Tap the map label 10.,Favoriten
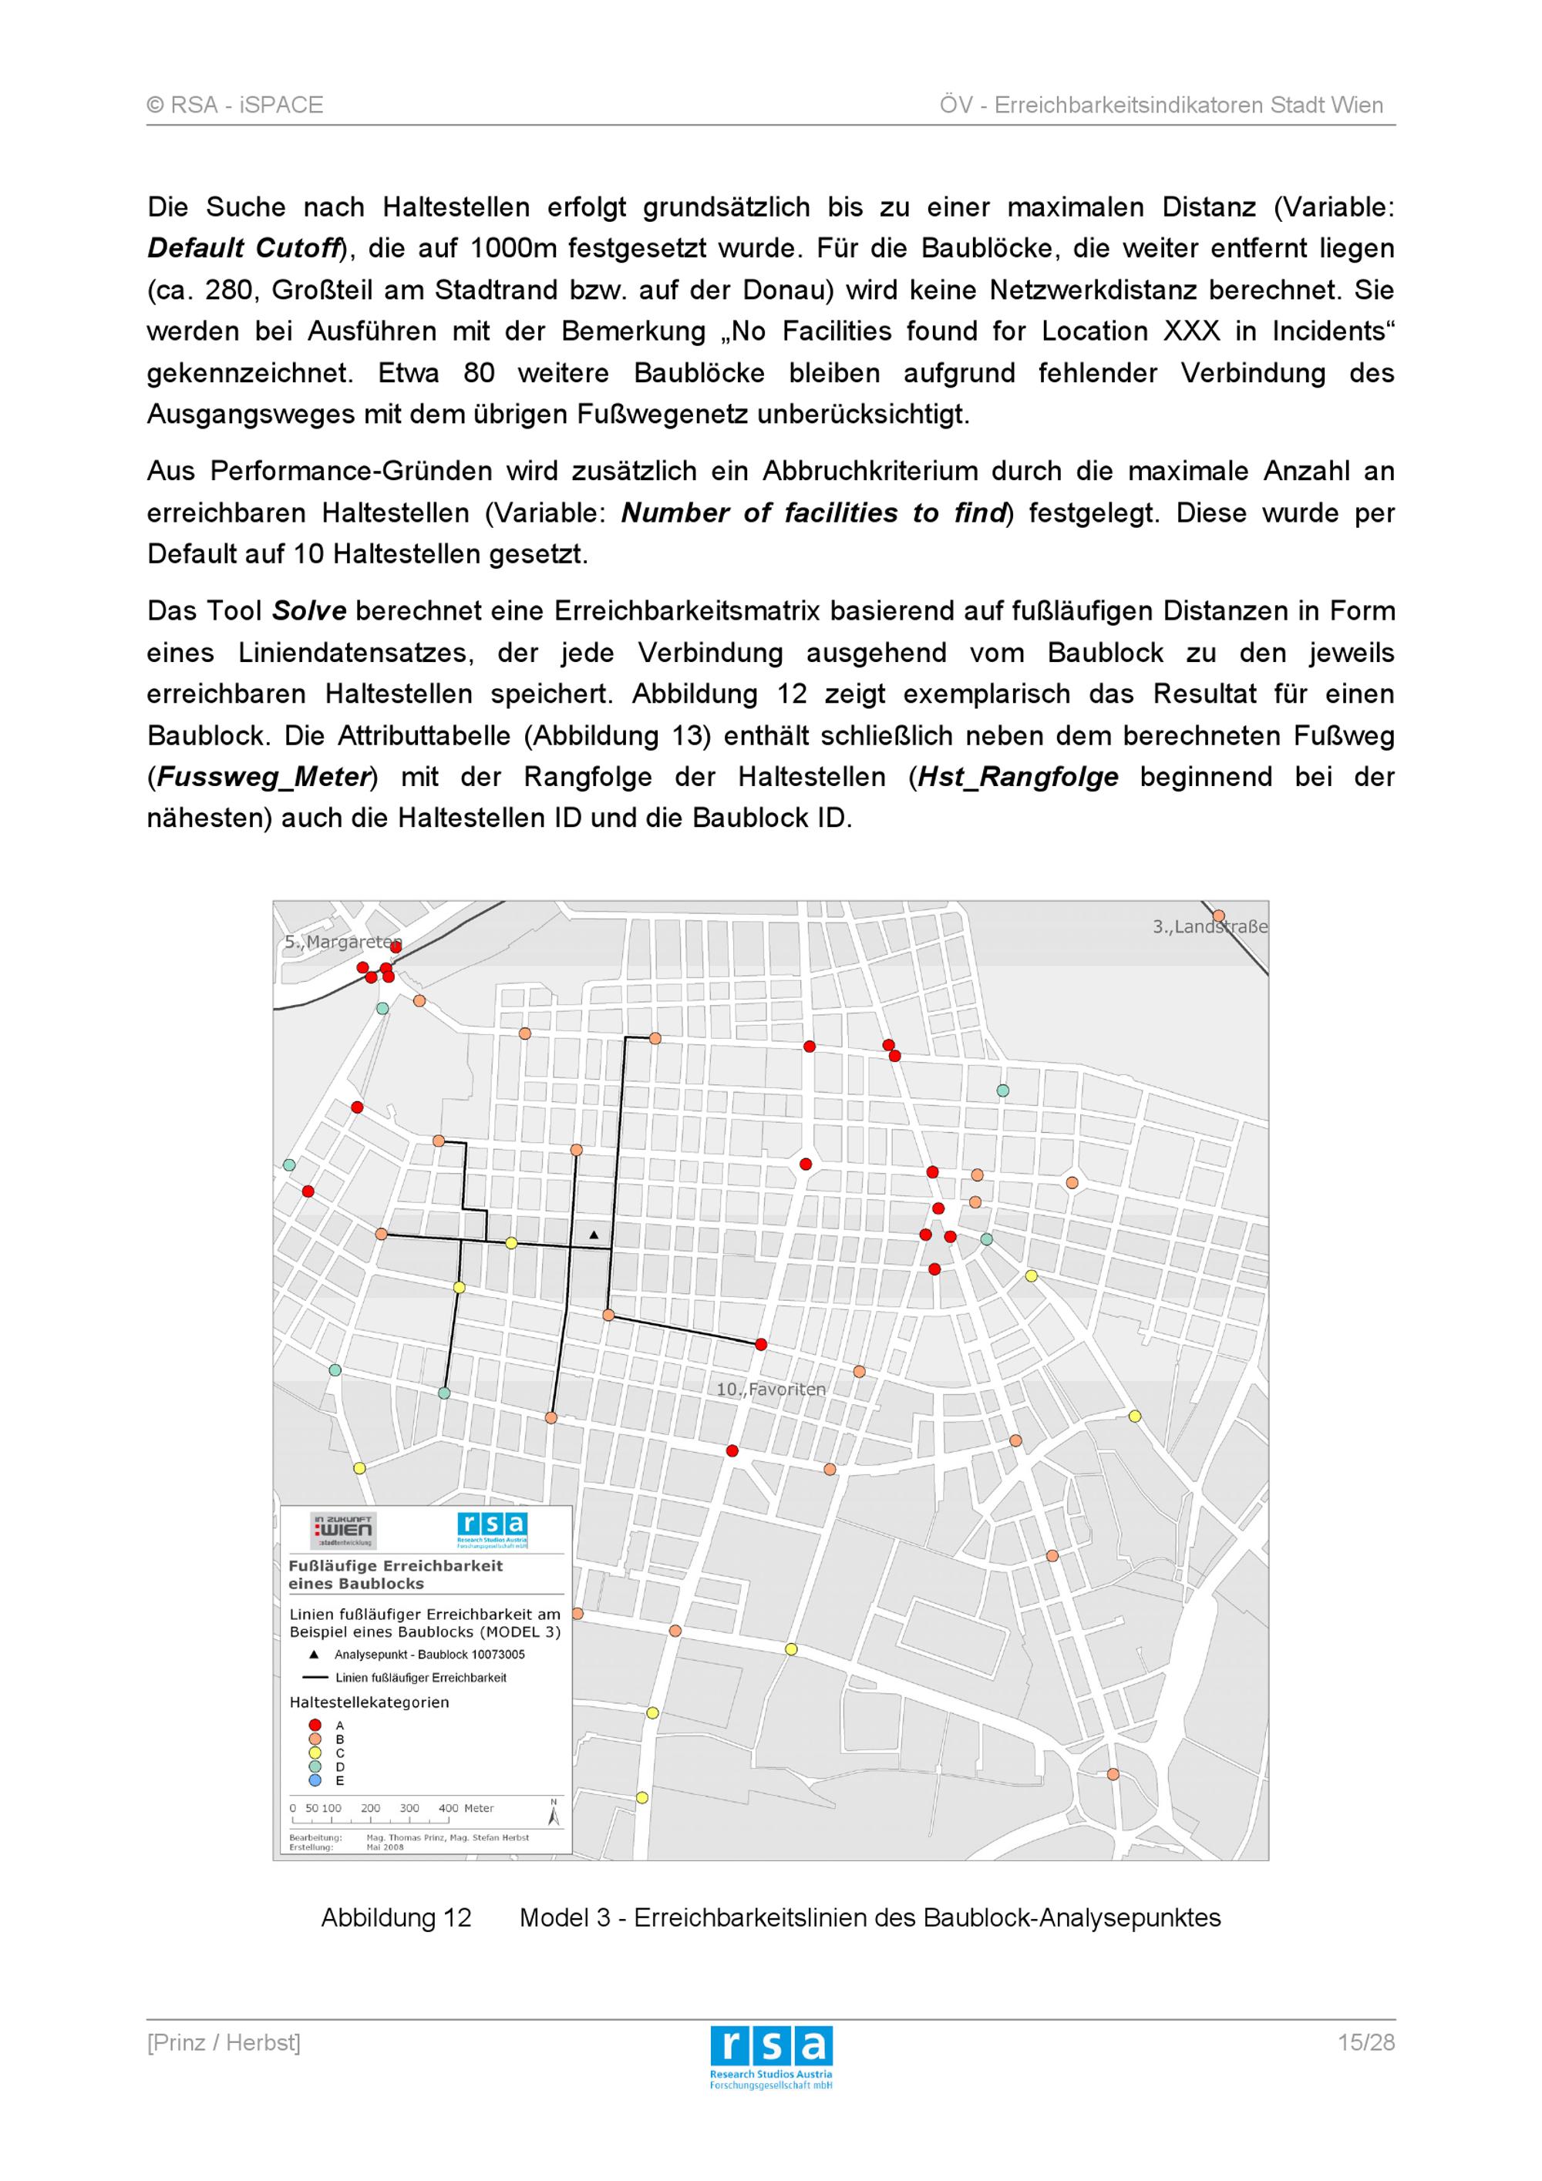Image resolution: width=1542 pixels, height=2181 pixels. pyautogui.click(x=770, y=1389)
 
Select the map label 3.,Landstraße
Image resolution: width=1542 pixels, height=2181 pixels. pyautogui.click(x=1210, y=926)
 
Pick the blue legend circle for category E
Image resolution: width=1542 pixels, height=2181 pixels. pyautogui.click(x=315, y=1780)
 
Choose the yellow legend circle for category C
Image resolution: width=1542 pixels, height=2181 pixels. pyautogui.click(x=315, y=1753)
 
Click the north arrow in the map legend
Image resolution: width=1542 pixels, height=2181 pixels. pyautogui.click(x=554, y=1813)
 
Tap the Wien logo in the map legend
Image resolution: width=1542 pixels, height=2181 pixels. pyautogui.click(x=343, y=1531)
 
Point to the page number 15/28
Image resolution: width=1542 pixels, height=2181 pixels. pyautogui.click(x=1365, y=2042)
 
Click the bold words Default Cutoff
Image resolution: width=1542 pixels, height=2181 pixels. pyautogui.click(x=244, y=249)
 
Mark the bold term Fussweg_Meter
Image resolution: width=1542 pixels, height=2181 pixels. pyautogui.click(x=263, y=777)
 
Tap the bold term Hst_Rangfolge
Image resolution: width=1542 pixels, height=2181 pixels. pyautogui.click(x=1018, y=777)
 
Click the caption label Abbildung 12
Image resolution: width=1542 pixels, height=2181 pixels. pyautogui.click(x=396, y=1918)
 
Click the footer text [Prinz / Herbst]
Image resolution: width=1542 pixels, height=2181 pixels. pyautogui.click(x=224, y=2042)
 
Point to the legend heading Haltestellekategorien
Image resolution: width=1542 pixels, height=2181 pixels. pyautogui.click(x=369, y=1702)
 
